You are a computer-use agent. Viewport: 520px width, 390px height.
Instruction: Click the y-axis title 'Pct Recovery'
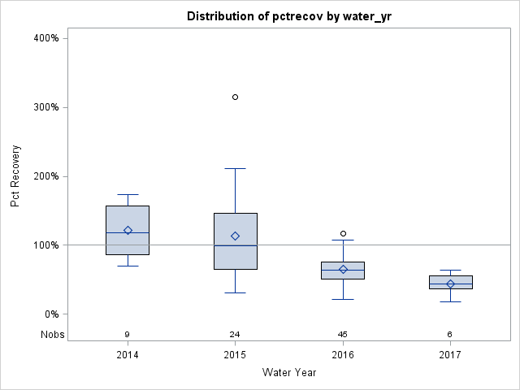[15, 175]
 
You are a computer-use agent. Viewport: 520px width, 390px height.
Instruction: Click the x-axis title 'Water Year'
[288, 372]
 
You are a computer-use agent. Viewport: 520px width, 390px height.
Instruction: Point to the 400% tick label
[45, 38]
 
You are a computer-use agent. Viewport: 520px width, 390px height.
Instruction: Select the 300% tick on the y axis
[45, 107]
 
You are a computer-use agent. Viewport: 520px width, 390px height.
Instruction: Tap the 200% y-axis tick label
[45, 176]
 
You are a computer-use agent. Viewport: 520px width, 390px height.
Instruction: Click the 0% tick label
[50, 314]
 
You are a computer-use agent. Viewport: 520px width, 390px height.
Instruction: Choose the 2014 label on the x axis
[128, 355]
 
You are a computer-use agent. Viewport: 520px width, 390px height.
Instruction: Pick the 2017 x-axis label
[449, 355]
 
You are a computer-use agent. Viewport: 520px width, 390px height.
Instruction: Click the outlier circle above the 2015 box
[235, 97]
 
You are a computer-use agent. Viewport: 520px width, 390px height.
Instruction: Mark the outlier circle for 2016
[343, 234]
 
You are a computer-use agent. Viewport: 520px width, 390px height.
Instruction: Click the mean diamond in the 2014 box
[128, 231]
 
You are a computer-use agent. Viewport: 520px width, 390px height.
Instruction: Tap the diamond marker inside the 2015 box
[235, 236]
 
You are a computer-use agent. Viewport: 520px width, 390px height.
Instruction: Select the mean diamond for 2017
[450, 284]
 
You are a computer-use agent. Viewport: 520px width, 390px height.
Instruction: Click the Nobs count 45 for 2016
[342, 334]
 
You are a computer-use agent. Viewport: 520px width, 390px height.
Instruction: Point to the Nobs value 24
[235, 334]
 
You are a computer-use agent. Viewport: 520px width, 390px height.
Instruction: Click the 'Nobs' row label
[54, 334]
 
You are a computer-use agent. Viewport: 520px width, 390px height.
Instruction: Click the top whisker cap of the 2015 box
[235, 168]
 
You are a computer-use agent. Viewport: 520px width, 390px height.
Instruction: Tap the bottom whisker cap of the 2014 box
[128, 266]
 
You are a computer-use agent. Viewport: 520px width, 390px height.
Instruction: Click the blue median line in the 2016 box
[342, 270]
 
